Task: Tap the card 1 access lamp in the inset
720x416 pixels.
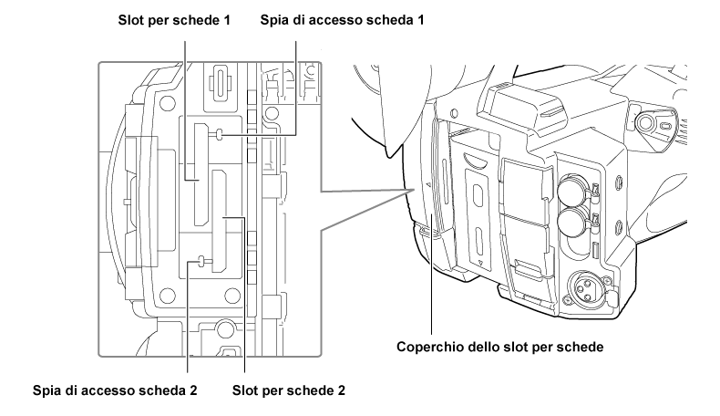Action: tap(221, 135)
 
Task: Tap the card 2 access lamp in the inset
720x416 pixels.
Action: tap(201, 264)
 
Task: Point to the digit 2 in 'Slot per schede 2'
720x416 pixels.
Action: tap(340, 391)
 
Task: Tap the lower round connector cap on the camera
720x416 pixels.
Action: tap(572, 221)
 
